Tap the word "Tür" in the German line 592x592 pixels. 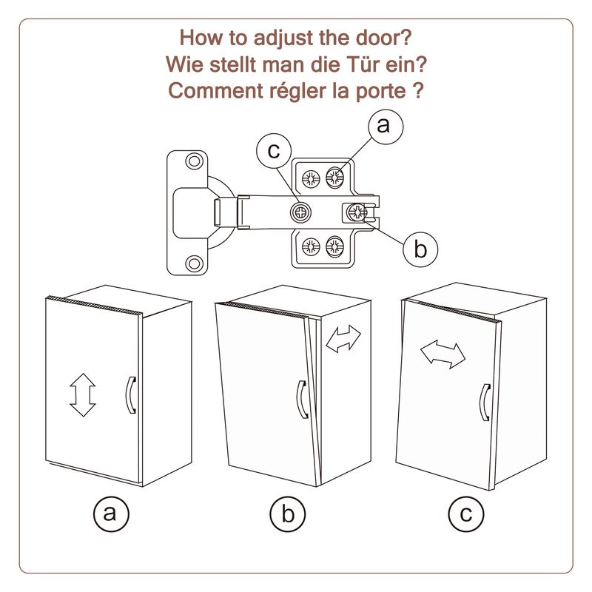[370, 63]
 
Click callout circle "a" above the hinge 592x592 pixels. [383, 125]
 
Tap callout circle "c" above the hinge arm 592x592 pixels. [274, 152]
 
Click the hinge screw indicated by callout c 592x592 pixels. [301, 213]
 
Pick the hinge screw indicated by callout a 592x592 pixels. [334, 178]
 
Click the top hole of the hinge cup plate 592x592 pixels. [194, 161]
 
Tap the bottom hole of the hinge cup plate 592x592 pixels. [194, 263]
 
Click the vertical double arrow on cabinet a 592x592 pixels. [83, 394]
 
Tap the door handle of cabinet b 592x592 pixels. [301, 400]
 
